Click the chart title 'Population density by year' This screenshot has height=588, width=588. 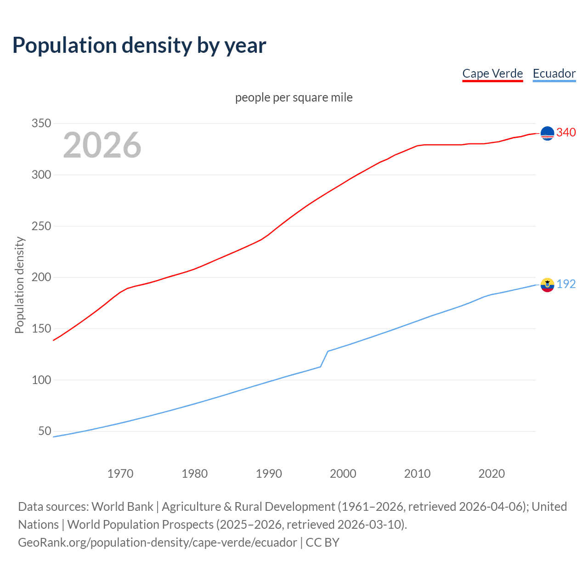coord(139,45)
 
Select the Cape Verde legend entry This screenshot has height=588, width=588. coord(492,73)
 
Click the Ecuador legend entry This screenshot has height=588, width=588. coord(554,73)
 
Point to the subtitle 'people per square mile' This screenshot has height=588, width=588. coord(294,97)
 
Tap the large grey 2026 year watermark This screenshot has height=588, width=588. coord(102,145)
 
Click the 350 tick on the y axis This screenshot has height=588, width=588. coord(41,124)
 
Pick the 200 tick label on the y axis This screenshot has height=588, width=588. coord(41,277)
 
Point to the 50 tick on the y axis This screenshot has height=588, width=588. coord(45,431)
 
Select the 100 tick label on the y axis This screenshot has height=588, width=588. coord(41,380)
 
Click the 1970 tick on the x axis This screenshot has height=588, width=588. coord(120,474)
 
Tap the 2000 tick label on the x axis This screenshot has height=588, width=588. coord(343,474)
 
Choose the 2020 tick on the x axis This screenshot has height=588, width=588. coord(492,474)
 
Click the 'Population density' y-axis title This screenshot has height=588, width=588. coord(19,285)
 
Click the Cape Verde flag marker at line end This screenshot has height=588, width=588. coord(547,133)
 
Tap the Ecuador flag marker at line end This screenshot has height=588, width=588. coord(547,285)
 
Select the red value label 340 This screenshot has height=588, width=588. coord(566,133)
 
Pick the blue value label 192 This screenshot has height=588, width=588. coord(566,284)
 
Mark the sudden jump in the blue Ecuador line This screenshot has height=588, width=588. coord(324,359)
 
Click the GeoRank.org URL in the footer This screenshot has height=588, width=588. coord(158,543)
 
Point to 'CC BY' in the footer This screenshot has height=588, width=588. coord(322,543)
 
